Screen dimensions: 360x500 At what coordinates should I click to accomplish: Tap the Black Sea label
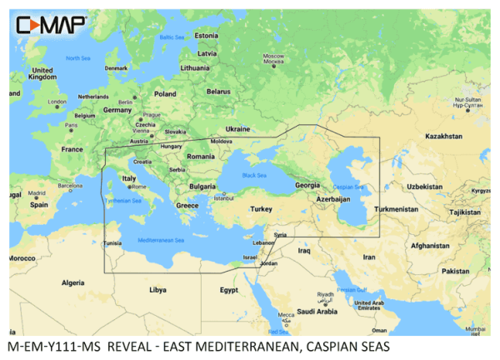point(253,174)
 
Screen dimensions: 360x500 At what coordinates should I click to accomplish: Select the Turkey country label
point(262,208)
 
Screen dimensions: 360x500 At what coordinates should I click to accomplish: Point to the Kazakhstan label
point(443,135)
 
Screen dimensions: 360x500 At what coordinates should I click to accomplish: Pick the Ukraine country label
point(237,129)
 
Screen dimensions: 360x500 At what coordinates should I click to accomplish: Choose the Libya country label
point(157,290)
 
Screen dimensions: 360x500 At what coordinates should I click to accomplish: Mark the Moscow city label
point(274,58)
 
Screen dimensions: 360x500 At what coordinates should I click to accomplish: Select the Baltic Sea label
point(172,37)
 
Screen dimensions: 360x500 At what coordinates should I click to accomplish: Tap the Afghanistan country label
point(430,246)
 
